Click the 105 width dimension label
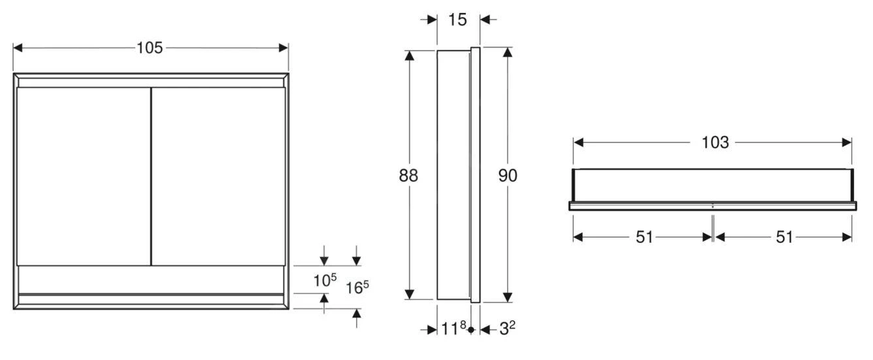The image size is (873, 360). pyautogui.click(x=150, y=48)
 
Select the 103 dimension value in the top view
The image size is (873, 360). pyautogui.click(x=715, y=142)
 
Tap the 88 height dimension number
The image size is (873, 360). pyautogui.click(x=409, y=176)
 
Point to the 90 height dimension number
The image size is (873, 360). pyautogui.click(x=507, y=176)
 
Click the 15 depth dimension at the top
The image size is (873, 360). pyautogui.click(x=458, y=20)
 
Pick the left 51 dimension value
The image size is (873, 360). pyautogui.click(x=644, y=237)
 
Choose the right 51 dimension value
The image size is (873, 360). pyautogui.click(x=784, y=237)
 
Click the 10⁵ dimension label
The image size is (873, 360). pyautogui.click(x=324, y=280)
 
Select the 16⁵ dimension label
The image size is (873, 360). pyautogui.click(x=357, y=287)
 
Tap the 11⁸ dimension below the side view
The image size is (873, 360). pyautogui.click(x=453, y=329)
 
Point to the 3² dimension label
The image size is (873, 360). pyautogui.click(x=507, y=329)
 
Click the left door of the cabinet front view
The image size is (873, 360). pyautogui.click(x=83, y=176)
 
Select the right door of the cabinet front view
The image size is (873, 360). pyautogui.click(x=218, y=176)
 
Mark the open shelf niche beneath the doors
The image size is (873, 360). pyautogui.click(x=150, y=280)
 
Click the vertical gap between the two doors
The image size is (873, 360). pyautogui.click(x=151, y=176)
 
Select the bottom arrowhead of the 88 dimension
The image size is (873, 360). pyautogui.click(x=410, y=295)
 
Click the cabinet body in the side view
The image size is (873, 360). pyautogui.click(x=453, y=176)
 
